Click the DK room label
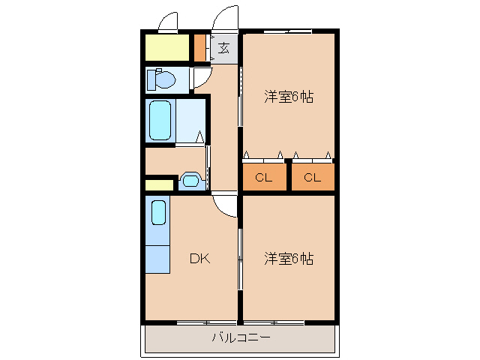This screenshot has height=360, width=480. (199, 259)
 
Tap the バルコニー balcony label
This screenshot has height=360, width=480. (241, 338)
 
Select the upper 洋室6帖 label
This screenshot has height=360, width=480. (288, 97)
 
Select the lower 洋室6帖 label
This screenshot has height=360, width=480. (288, 259)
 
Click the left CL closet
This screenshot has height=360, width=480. (263, 178)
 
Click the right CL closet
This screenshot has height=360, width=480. (312, 178)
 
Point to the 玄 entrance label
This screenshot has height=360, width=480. (223, 49)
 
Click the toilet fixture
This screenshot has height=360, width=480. (160, 78)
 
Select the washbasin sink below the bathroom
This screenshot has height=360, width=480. (190, 180)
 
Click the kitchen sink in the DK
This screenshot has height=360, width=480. (158, 211)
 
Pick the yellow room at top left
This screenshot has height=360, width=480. (167, 47)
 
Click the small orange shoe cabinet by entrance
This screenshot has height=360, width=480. (199, 47)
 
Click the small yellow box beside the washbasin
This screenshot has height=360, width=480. (159, 184)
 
